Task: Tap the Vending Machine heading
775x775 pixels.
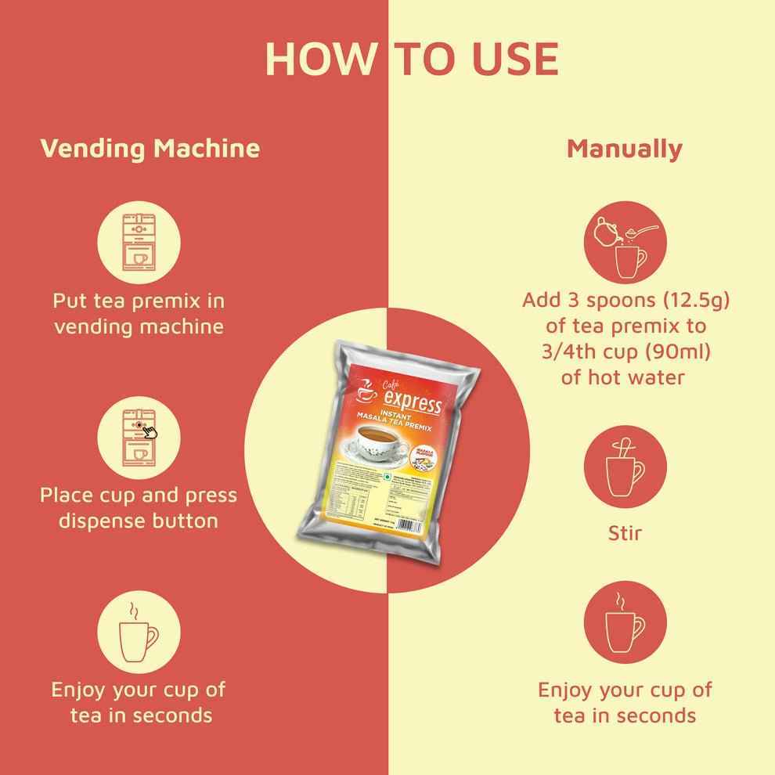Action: tap(150, 148)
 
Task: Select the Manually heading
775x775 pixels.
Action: tap(624, 148)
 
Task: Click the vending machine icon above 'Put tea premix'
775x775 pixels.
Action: tap(139, 241)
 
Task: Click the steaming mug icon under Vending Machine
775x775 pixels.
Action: tap(139, 631)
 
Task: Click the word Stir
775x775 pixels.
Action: tap(625, 534)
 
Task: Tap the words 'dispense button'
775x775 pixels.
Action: tap(139, 521)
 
